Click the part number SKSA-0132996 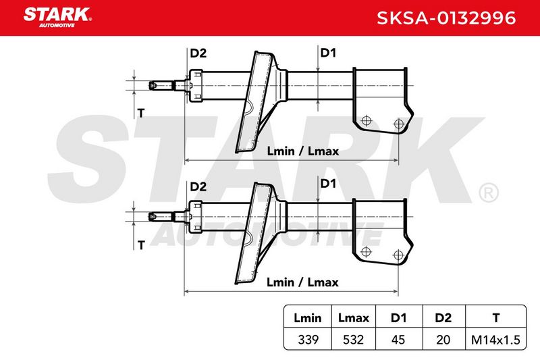pos(446,18)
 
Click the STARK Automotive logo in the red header pos(57,18)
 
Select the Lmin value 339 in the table pos(308,340)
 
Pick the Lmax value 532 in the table pos(353,340)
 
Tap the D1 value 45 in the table pos(398,340)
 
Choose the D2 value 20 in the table pos(443,340)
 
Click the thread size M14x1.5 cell pos(495,340)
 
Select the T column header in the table pos(496,317)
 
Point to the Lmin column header pos(308,317)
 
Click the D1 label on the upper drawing pos(328,53)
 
